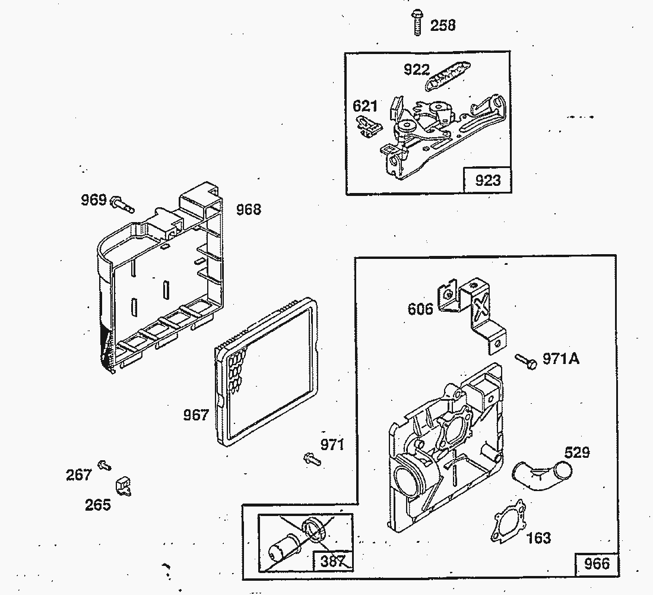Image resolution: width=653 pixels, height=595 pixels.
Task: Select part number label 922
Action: pos(417,69)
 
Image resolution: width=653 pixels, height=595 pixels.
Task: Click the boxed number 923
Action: pos(487,181)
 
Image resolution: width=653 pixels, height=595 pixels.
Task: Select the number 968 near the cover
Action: pos(249,209)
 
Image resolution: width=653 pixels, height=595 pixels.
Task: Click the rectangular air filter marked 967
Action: pos(267,372)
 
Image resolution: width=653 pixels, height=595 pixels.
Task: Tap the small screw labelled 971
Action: pos(312,459)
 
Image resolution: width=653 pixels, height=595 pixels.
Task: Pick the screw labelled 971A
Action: pos(526,361)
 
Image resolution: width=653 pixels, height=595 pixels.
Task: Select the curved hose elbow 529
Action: pos(541,475)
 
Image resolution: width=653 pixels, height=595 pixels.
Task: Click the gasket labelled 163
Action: pos(508,521)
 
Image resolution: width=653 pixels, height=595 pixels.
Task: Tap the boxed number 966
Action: pos(597,564)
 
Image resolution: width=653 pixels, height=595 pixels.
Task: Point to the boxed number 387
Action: pos(332,561)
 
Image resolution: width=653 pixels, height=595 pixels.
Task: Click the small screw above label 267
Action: pos(104,465)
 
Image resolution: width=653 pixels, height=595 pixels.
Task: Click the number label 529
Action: pos(577,452)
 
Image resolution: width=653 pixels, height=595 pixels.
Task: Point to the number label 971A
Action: pos(561,358)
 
